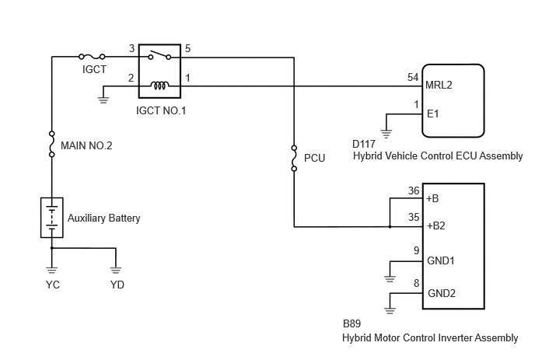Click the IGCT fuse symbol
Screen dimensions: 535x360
[x=92, y=57]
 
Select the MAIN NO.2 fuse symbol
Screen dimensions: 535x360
[x=52, y=144]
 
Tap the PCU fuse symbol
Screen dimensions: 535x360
[x=294, y=158]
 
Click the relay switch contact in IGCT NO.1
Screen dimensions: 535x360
[x=159, y=55]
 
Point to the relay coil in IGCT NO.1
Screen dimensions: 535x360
[x=159, y=86]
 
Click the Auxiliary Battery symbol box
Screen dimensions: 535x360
[x=52, y=218]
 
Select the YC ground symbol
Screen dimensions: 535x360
[x=52, y=271]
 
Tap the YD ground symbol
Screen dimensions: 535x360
[x=116, y=271]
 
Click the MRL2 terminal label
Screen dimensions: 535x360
[x=439, y=85]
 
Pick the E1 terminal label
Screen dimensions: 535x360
[x=433, y=114]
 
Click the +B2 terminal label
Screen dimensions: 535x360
[x=435, y=226]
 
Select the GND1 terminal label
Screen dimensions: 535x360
[x=441, y=261]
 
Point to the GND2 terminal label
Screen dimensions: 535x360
[x=442, y=293]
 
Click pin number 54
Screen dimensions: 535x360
[x=413, y=77]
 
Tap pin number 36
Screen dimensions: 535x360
[x=414, y=190]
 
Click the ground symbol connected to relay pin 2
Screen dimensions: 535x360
[x=103, y=100]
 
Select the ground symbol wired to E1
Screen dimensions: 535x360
[x=386, y=134]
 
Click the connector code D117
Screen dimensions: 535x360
[x=364, y=144]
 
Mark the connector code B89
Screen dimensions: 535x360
[x=351, y=323]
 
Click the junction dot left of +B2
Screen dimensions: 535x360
[x=390, y=226]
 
